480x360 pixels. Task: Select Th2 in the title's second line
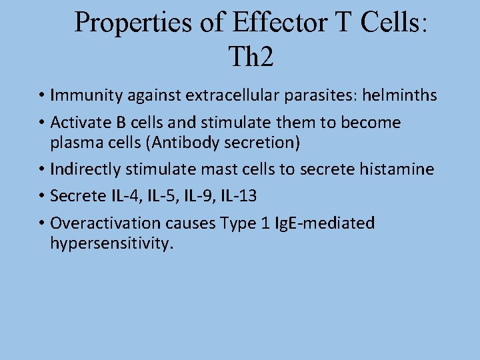point(251,57)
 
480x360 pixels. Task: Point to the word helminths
point(399,96)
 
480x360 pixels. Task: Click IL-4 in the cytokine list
point(116,197)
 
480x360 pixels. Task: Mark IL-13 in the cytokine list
point(238,197)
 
